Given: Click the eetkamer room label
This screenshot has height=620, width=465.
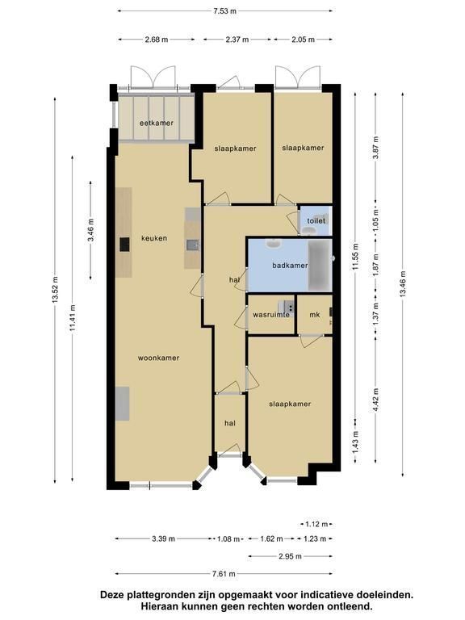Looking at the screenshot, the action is click(x=157, y=123).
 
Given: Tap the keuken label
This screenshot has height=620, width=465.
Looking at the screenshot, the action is click(x=154, y=238).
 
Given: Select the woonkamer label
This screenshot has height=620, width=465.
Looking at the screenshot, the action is click(x=158, y=358).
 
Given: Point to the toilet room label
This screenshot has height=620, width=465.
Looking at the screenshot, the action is click(x=316, y=220).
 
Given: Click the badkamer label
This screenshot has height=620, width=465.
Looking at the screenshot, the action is click(x=290, y=266).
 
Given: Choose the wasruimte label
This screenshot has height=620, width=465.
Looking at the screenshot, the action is click(x=271, y=315).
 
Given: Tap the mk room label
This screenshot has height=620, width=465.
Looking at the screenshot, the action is click(x=315, y=315).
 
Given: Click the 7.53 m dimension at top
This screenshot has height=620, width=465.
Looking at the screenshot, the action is click(x=224, y=11).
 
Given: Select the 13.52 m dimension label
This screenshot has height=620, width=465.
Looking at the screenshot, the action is click(x=55, y=290).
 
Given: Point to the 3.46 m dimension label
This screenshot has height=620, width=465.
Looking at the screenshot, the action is click(x=90, y=230).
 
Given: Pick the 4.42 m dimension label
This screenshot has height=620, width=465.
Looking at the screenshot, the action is click(x=375, y=400).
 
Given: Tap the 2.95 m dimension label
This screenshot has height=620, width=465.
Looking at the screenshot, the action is click(x=291, y=556).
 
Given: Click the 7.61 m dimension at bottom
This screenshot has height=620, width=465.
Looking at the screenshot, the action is click(x=224, y=574).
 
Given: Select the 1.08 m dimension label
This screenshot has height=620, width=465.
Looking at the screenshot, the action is click(x=229, y=538).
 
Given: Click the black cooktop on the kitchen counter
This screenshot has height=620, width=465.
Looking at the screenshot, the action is click(x=124, y=245).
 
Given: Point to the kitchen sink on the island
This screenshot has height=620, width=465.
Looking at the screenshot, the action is click(x=193, y=245).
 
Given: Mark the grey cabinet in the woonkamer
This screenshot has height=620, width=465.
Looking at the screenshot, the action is click(x=123, y=404).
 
